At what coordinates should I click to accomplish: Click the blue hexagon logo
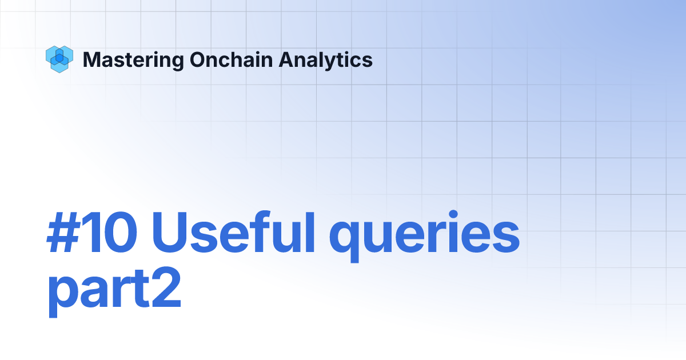58,59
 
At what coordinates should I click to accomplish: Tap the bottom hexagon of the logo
59,66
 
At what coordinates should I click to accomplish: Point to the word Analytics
326,59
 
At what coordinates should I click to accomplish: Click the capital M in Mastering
91,59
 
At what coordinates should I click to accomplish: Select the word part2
114,291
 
